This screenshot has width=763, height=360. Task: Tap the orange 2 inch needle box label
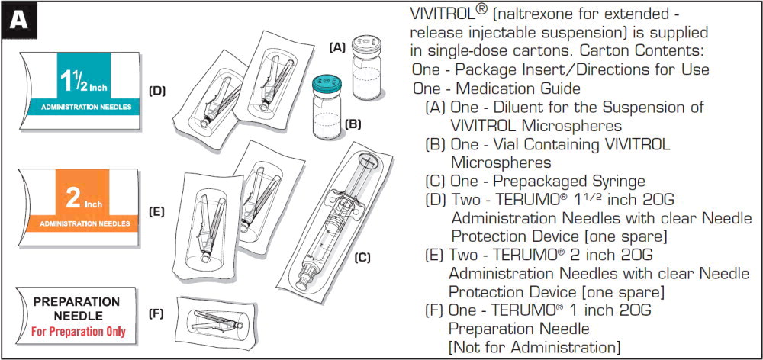coord(80,204)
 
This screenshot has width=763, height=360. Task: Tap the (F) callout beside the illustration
coord(156,314)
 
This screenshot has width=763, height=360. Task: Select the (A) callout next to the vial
coord(336,47)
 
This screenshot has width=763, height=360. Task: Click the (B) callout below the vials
coord(353,123)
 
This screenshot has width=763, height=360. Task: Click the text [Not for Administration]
coord(534,347)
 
